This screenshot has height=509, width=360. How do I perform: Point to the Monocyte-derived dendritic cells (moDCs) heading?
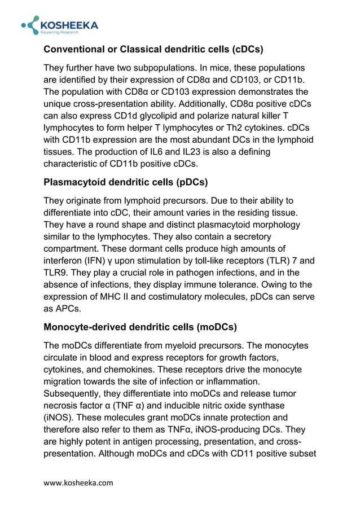pyautogui.click(x=140, y=327)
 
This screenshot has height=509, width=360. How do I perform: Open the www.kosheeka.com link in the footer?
pyautogui.click(x=78, y=482)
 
